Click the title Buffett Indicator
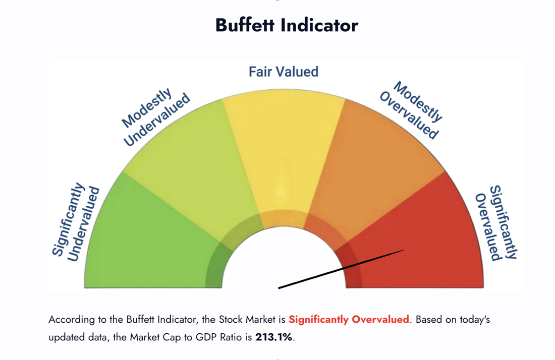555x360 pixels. [x=287, y=25]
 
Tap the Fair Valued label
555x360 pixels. [x=284, y=72]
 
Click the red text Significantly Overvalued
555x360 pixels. [x=349, y=320]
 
